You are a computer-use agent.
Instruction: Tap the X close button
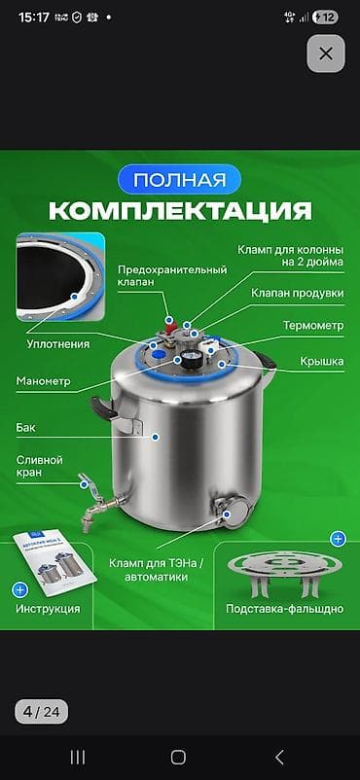[x=326, y=53]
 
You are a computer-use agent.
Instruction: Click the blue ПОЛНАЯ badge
[x=180, y=181]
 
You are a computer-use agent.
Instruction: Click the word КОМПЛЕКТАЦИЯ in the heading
[x=180, y=211]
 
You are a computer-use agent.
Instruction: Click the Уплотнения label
[x=58, y=343]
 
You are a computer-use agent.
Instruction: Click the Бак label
[x=25, y=426]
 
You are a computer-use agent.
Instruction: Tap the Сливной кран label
[x=40, y=466]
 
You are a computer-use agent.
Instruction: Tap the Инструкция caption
[x=48, y=609]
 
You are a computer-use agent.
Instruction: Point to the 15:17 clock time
[x=33, y=17]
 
